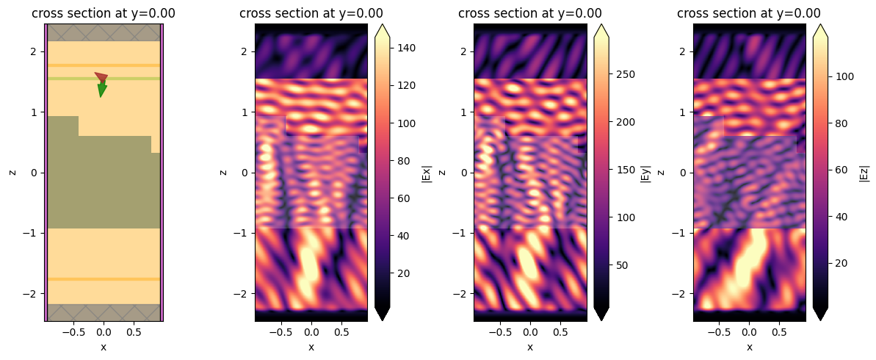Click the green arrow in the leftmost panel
(x=102, y=90)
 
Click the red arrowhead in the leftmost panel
(x=101, y=77)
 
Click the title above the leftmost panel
(x=104, y=13)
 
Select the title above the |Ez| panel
(x=749, y=13)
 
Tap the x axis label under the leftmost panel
(x=104, y=347)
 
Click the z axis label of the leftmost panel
(x=12, y=172)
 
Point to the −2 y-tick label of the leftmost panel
(x=32, y=293)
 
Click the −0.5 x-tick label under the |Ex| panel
(x=281, y=333)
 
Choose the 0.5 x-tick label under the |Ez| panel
(x=780, y=333)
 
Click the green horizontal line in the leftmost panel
(x=73, y=78)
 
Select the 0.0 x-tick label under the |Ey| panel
(x=530, y=333)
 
